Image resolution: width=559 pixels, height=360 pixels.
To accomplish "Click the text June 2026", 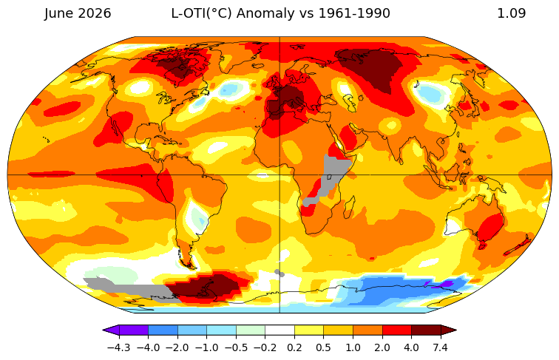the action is coord(78,13).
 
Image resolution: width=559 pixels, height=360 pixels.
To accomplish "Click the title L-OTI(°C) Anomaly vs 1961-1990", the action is coord(280,13).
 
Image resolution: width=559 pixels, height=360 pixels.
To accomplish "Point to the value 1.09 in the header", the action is coord(511,13).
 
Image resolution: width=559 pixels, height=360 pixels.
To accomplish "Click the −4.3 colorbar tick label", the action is coord(119,347).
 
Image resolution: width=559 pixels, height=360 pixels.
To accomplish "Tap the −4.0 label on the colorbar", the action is coord(148,347).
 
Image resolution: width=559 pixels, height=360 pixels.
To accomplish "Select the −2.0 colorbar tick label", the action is coord(177,347).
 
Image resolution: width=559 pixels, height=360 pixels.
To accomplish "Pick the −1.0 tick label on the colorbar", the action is coord(207,347).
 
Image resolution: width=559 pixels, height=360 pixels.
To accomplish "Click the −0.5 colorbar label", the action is coord(236,347).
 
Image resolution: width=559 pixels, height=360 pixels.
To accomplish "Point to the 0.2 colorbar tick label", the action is coord(294,347).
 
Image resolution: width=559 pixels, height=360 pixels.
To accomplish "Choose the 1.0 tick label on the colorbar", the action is coord(353,347).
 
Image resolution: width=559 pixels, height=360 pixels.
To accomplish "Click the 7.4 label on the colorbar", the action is coord(441,347).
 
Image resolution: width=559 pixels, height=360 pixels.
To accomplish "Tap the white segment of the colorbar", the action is coord(279,330).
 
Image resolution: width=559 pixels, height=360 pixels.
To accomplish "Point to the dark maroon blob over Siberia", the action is coord(370,69).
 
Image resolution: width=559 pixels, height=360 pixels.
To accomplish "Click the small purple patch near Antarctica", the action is coord(443,285).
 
